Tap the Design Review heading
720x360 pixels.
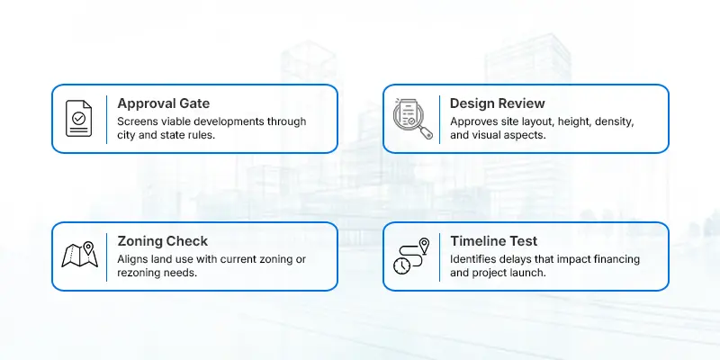[x=497, y=103]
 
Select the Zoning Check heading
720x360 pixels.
[x=162, y=241]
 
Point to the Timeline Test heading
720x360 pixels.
[x=494, y=241]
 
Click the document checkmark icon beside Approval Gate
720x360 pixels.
[x=79, y=119]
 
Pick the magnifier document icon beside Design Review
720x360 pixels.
[x=412, y=119]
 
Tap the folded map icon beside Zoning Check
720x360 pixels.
[x=79, y=256]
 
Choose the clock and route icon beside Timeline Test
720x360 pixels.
[x=412, y=256]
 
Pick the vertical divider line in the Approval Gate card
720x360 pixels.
[x=107, y=119]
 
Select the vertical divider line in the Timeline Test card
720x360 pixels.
[x=440, y=256]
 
